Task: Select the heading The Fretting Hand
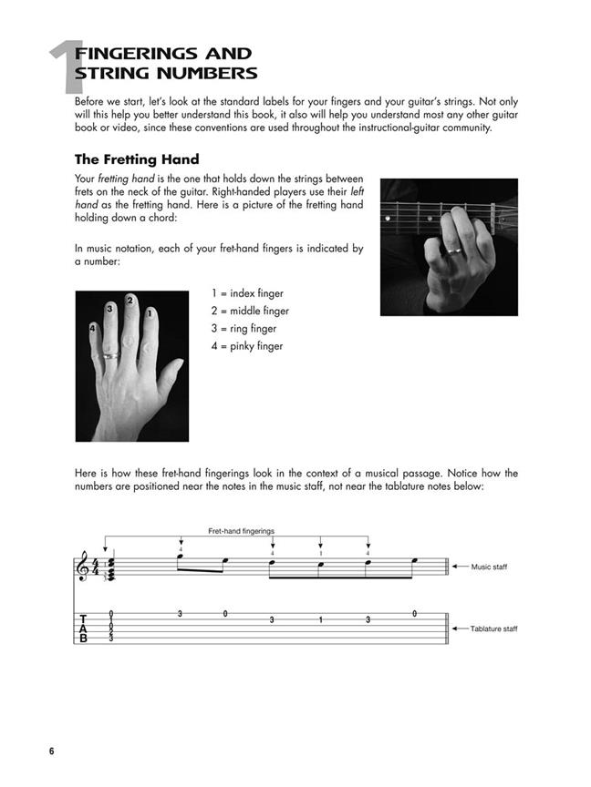coord(137,159)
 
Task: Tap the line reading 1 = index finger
coord(247,293)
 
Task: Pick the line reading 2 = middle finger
coord(250,311)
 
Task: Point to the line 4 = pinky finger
coord(247,346)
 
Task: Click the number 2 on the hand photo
coord(130,300)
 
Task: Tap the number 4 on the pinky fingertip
coord(92,327)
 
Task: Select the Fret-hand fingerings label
coord(241,530)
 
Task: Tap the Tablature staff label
coord(493,629)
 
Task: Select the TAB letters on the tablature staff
coord(84,629)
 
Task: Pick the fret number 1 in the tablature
coord(320,620)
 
